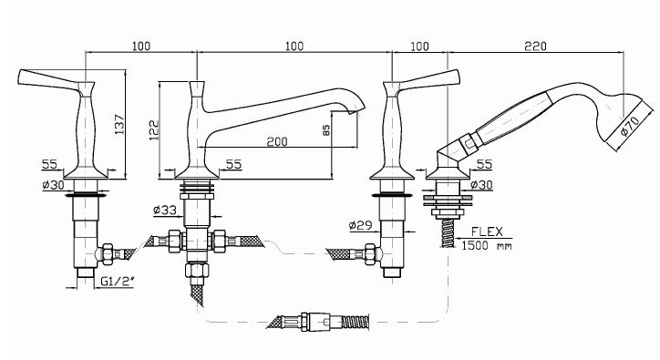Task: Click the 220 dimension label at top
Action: (x=535, y=46)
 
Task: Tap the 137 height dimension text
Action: (x=119, y=124)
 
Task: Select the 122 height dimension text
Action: (x=154, y=130)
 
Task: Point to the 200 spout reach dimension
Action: (x=277, y=141)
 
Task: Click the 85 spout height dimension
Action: (x=326, y=130)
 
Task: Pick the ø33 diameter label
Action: (x=165, y=210)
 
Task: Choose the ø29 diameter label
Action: (x=361, y=225)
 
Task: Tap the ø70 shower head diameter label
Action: (x=630, y=125)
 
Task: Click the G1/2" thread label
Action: (x=116, y=281)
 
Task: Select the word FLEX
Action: (x=487, y=231)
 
